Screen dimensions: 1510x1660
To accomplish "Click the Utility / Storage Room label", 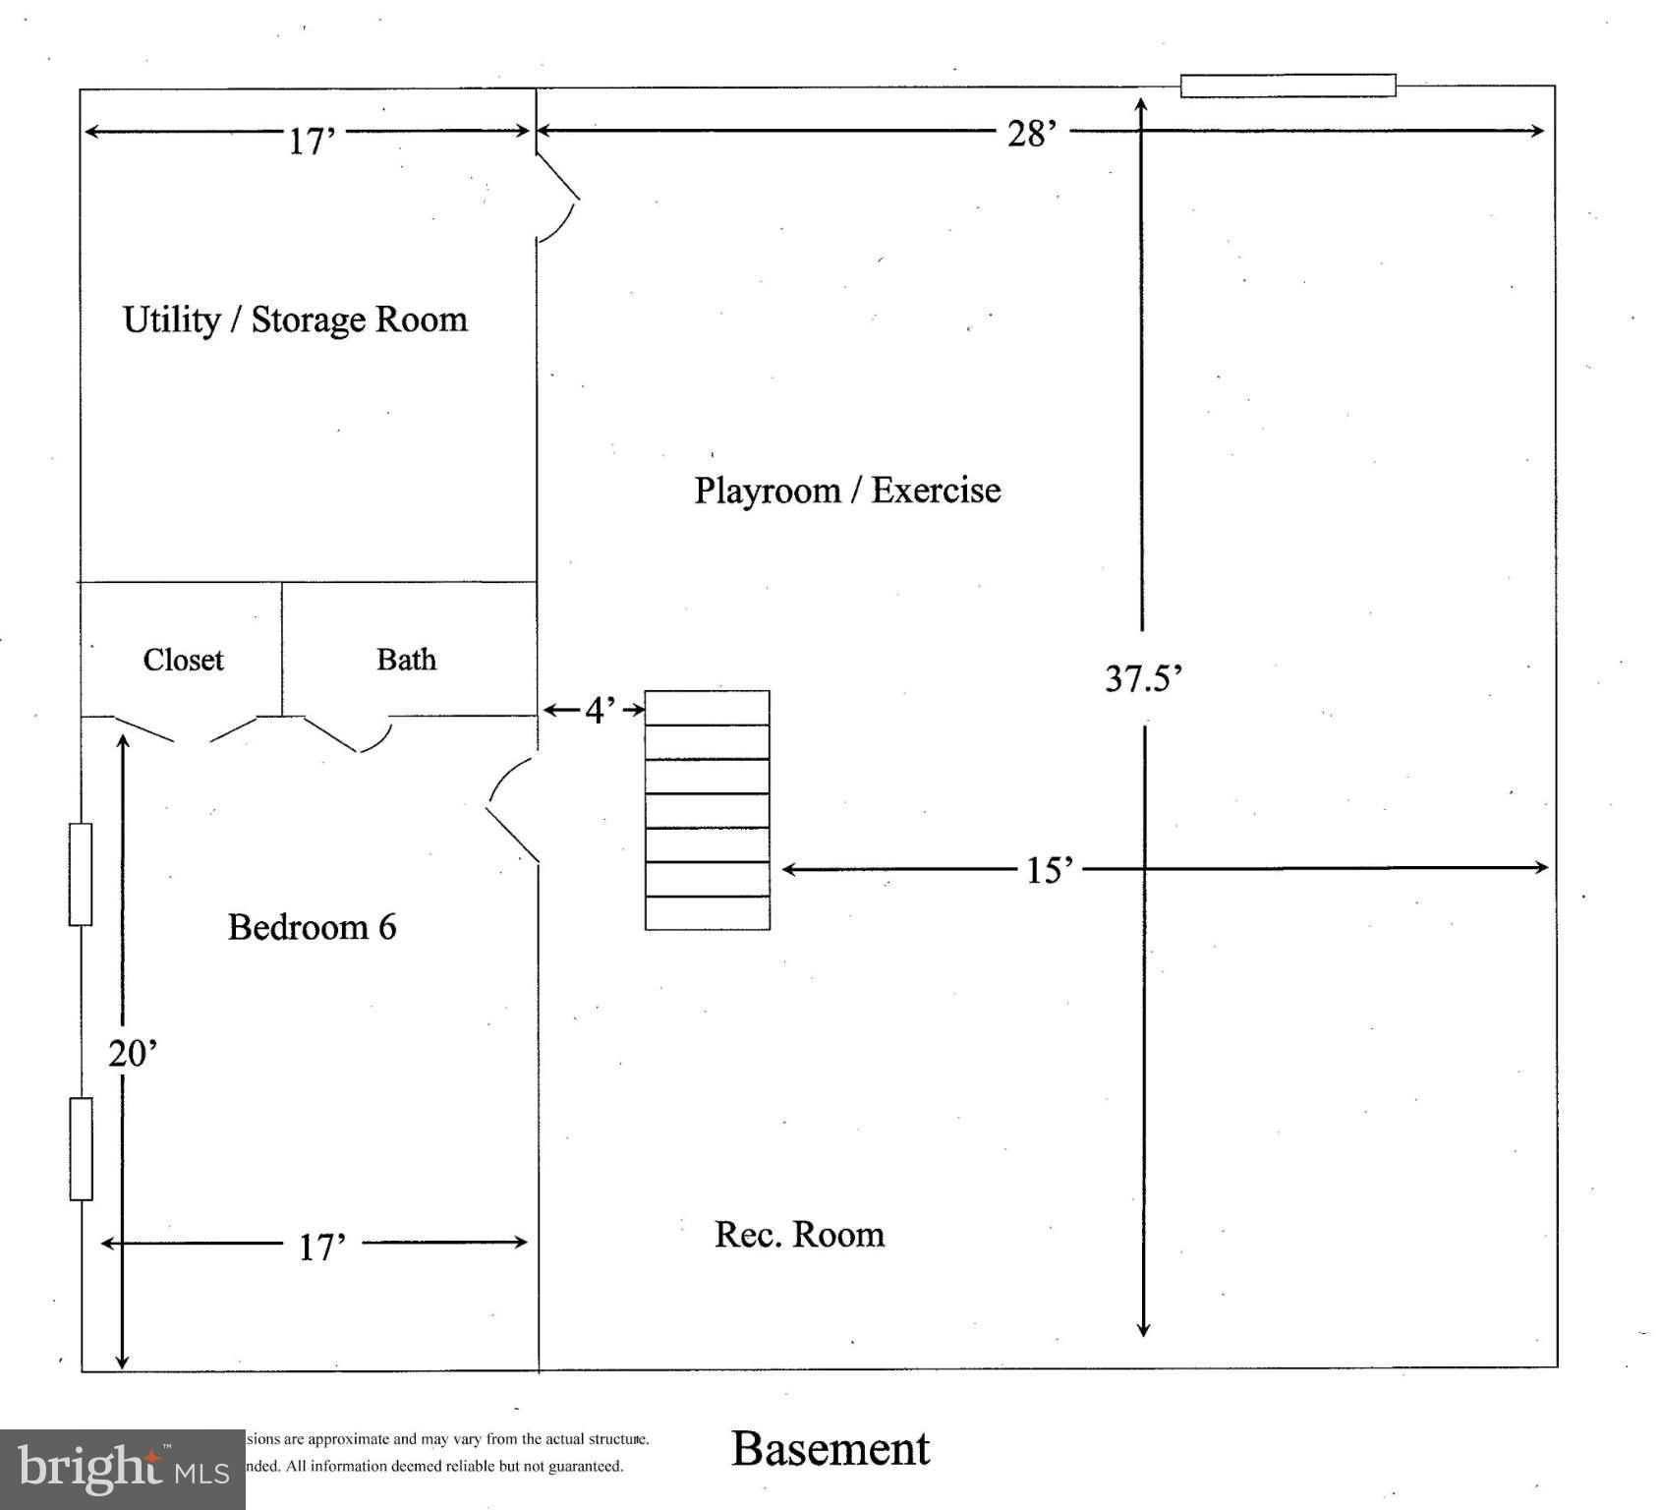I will pos(295,320).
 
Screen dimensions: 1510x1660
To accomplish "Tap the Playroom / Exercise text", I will pos(847,490).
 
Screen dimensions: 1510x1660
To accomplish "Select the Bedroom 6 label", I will pos(312,927).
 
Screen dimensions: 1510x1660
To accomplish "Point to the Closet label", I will pos(183,660).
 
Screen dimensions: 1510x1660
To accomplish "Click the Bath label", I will pos(406,659).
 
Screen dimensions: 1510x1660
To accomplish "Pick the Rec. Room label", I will pos(799,1235).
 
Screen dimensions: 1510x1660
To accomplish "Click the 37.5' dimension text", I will pos(1143,678).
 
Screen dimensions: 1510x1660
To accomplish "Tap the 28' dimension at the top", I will pos(1031,133).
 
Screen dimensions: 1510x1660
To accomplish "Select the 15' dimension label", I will pos(1050,870).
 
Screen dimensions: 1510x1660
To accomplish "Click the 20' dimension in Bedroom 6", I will pos(132,1054).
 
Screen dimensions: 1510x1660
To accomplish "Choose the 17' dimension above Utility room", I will pos(312,142).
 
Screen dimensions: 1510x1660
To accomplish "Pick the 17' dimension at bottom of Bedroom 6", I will pos(321,1248).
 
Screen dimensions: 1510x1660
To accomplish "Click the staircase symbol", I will pos(707,810).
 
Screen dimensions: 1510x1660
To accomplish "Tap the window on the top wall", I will pos(1288,86).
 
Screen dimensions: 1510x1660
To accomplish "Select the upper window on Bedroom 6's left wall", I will pos(81,874).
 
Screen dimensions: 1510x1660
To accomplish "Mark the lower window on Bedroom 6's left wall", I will pos(81,1148).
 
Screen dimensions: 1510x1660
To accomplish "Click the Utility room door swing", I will pos(557,198).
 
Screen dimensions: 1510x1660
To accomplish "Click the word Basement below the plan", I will pos(830,1449).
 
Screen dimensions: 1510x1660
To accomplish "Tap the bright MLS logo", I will pos(122,1469).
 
